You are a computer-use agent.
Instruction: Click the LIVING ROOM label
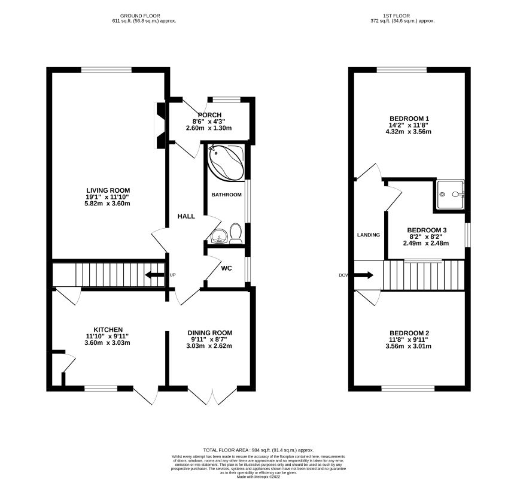click(x=108, y=190)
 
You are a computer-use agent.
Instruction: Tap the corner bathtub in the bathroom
click(x=226, y=162)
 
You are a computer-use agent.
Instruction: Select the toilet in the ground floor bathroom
click(x=235, y=234)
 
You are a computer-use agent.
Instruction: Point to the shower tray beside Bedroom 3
click(x=451, y=195)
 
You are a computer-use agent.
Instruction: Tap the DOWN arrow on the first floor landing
click(x=363, y=275)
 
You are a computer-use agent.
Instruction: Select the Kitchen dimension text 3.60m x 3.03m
click(x=108, y=342)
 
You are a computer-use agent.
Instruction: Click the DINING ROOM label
click(x=210, y=333)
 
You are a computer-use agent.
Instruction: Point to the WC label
click(x=227, y=268)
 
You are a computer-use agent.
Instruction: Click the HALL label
click(x=186, y=216)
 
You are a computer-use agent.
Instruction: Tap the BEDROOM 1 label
click(x=409, y=119)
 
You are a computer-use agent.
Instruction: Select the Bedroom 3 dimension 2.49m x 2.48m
click(x=426, y=244)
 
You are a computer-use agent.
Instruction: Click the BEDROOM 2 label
click(x=409, y=333)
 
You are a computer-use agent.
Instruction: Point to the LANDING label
click(x=369, y=235)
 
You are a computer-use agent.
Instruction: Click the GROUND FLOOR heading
click(x=140, y=16)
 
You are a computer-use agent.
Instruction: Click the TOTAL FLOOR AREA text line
click(x=258, y=450)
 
